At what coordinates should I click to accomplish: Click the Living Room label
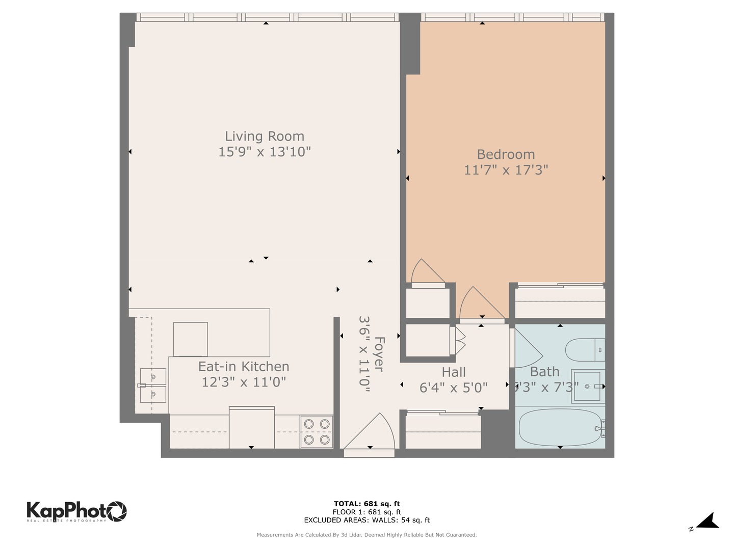pos(265,136)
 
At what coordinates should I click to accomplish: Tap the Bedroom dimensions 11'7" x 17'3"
pos(506,170)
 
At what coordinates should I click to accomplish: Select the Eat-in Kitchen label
pos(244,367)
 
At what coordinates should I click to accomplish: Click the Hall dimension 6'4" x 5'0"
pos(453,388)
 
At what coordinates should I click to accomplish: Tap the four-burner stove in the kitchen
pos(317,431)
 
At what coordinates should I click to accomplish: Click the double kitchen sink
pos(152,386)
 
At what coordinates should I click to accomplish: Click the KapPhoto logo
pos(76,511)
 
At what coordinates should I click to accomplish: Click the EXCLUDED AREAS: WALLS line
pos(366,520)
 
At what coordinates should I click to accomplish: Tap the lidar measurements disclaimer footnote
pos(366,535)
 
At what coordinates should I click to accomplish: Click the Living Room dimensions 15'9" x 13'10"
pos(265,152)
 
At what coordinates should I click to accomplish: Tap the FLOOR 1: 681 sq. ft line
pos(366,512)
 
